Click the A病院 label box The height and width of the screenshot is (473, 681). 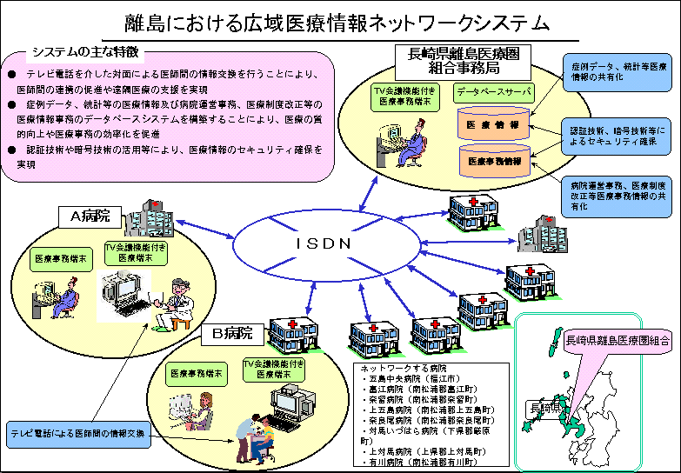(85, 216)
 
